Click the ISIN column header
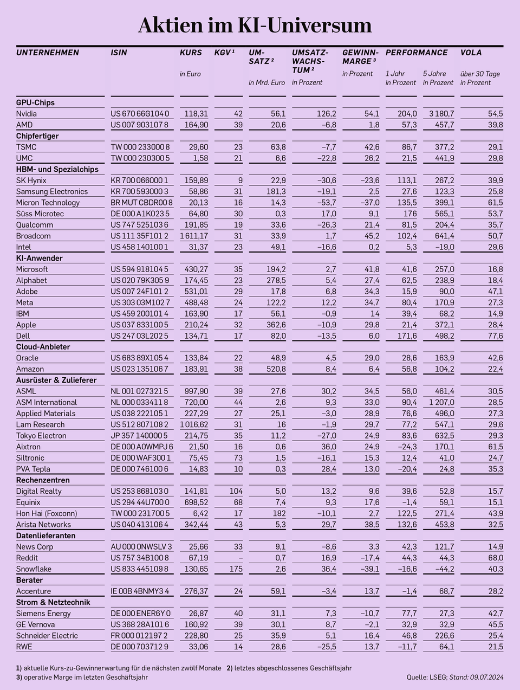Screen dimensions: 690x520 (119, 53)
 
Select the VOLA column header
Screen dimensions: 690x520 (471, 53)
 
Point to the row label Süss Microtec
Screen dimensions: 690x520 (40, 214)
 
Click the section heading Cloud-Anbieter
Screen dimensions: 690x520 (43, 347)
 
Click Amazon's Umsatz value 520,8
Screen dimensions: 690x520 (275, 369)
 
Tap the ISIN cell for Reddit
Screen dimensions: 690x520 (140, 558)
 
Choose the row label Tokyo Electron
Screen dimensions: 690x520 (41, 436)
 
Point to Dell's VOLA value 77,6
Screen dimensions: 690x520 (495, 336)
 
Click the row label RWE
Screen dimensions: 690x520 (24, 647)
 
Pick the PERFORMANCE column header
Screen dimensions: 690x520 (417, 53)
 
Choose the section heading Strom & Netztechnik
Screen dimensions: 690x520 (53, 602)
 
